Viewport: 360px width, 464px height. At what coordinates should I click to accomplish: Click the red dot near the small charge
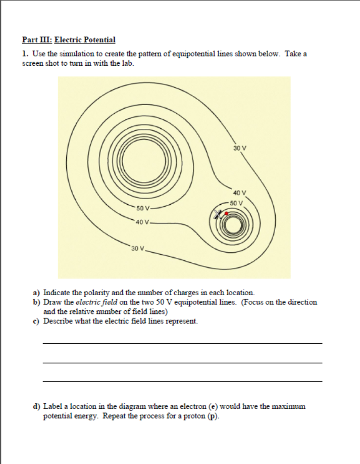coord(227,213)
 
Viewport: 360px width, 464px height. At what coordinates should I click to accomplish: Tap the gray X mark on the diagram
coord(219,214)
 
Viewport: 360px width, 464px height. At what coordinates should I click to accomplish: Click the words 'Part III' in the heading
coord(36,39)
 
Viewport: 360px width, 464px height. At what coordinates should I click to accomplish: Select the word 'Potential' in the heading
coord(99,39)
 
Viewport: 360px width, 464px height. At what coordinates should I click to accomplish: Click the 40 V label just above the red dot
coord(240,193)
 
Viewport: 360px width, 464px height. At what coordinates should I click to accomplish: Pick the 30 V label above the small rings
coord(240,148)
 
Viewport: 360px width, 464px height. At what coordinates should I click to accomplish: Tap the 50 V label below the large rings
coord(143,208)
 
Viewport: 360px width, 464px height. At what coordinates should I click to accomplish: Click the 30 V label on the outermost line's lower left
coord(137,249)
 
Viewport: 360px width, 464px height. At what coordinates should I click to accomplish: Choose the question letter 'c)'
coord(37,321)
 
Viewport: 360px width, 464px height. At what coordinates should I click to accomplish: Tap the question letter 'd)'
coord(37,406)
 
